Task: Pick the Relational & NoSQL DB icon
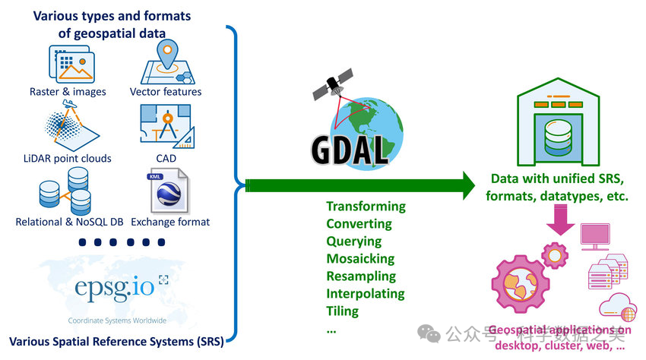pos(66,190)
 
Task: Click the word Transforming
pos(366,207)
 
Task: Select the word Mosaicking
pos(361,259)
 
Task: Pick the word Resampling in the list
pos(361,276)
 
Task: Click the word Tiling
pos(342,311)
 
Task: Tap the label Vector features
pos(166,92)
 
